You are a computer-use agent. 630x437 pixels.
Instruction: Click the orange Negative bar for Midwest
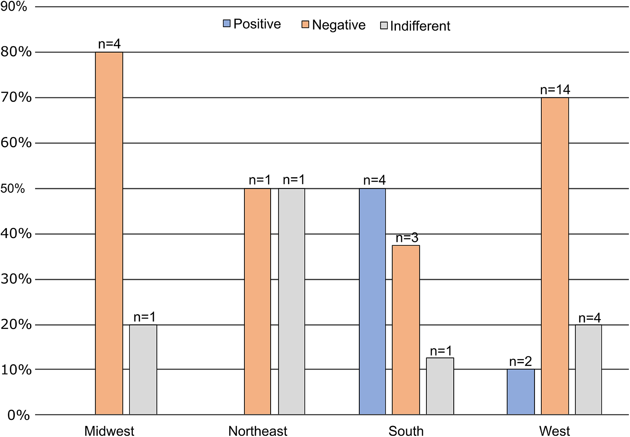coord(109,233)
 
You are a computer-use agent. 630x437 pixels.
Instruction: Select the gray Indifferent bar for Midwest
coord(143,370)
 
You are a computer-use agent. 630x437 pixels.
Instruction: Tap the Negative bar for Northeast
coord(257,302)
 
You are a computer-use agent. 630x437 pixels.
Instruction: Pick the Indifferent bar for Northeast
coord(292,302)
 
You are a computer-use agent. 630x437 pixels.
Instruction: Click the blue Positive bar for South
coord(372,302)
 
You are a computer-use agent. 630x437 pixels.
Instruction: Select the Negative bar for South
coord(406,330)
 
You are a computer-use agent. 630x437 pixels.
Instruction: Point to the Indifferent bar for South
coord(440,386)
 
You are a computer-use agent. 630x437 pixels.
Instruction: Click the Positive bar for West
coord(521,392)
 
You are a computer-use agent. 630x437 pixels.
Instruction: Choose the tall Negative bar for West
coord(555,256)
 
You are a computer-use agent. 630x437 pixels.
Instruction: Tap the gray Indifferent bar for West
coord(589,370)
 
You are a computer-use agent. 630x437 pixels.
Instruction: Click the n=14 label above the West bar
coord(555,90)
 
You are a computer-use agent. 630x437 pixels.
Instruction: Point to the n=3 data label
coord(407,238)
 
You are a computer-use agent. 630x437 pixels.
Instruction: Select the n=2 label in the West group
coord(521,361)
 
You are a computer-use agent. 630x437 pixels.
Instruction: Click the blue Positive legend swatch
coord(226,23)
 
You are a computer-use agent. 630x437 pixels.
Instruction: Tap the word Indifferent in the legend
coord(420,26)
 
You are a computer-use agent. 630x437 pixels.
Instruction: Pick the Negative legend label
coord(339,25)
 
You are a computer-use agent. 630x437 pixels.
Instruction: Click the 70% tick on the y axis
coord(16,97)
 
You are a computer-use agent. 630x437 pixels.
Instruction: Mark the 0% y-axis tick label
coord(19,415)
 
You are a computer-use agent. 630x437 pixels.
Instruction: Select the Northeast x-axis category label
coord(258,431)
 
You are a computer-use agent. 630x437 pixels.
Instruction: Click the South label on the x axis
coord(406,431)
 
